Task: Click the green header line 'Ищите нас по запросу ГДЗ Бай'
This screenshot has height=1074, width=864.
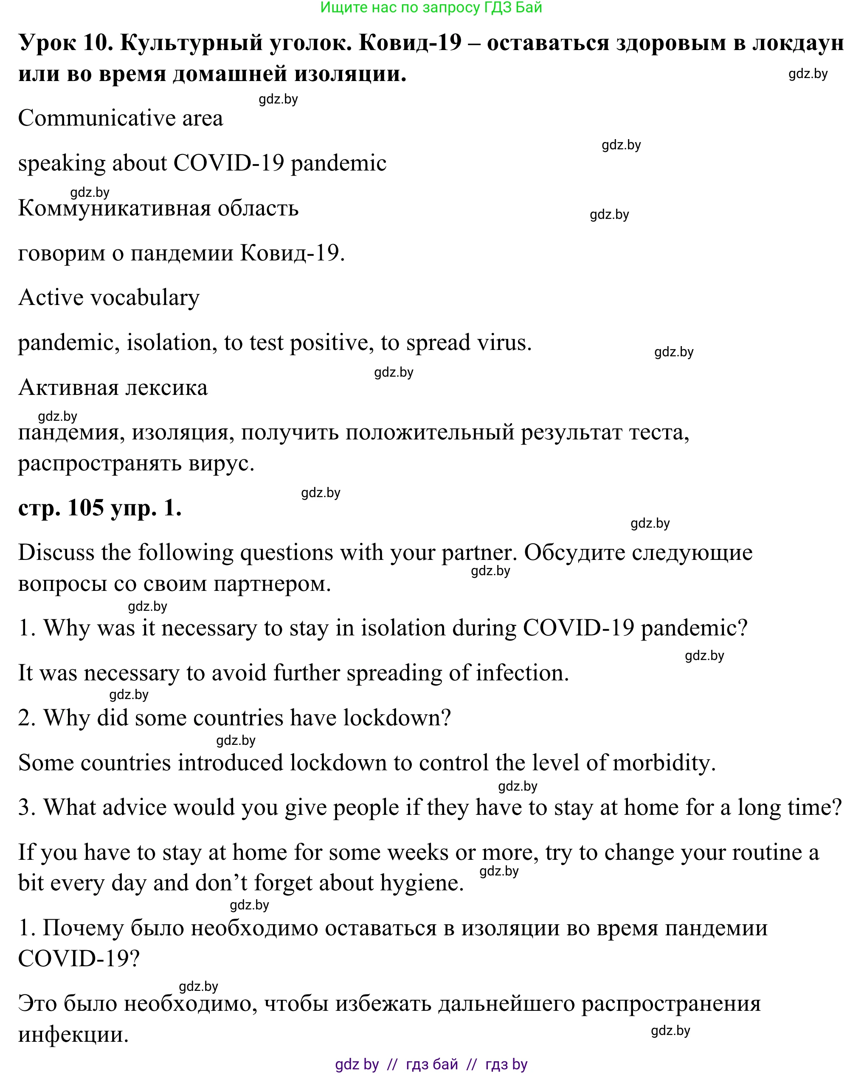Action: pyautogui.click(x=431, y=8)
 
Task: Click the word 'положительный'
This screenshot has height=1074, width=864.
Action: pyautogui.click(x=429, y=432)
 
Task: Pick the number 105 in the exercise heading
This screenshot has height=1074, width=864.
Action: pyautogui.click(x=86, y=509)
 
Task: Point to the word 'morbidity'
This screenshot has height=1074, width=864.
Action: pyautogui.click(x=664, y=763)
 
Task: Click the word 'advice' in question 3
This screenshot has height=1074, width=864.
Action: pyautogui.click(x=132, y=808)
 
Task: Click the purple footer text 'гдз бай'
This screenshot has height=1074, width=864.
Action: pyautogui.click(x=432, y=1065)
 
